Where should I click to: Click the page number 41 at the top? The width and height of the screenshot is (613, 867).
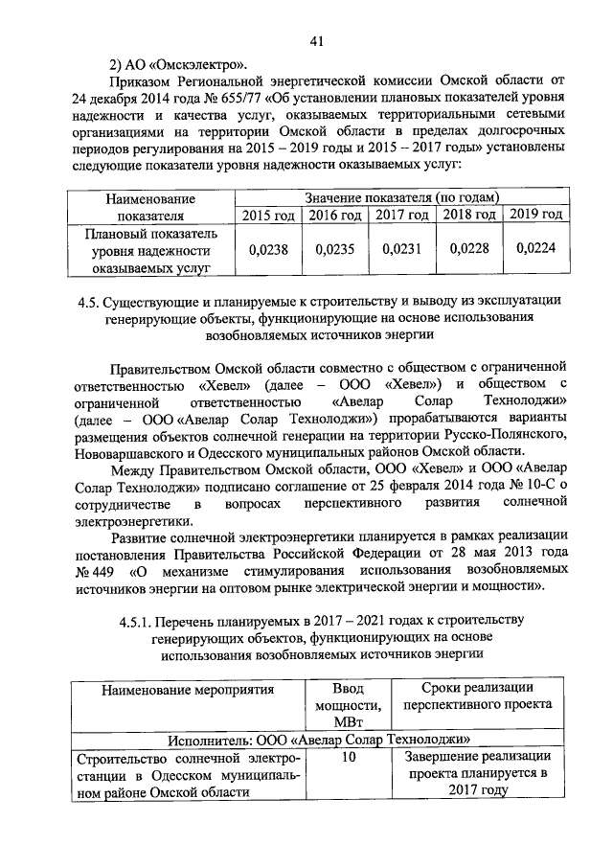(317, 39)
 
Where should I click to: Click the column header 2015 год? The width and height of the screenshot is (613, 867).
(268, 216)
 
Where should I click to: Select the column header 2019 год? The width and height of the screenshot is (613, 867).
(534, 215)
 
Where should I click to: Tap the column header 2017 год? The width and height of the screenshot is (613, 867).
(401, 216)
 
